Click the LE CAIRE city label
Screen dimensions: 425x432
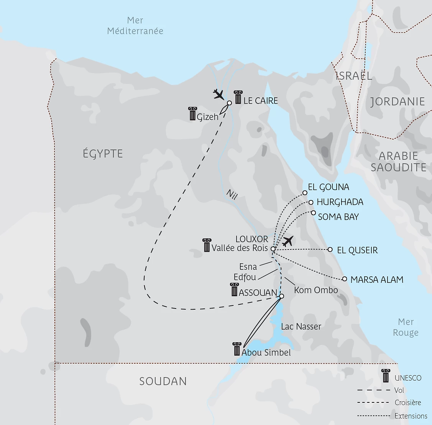tap(261, 101)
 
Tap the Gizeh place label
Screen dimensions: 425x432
tap(207, 117)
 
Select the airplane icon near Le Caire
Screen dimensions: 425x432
tap(218, 94)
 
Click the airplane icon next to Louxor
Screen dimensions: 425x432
tap(287, 241)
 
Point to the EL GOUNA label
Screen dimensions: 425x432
tap(329, 187)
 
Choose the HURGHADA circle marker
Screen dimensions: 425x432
tap(311, 202)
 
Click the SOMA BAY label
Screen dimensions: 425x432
tap(338, 217)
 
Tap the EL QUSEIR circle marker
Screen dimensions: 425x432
tap(330, 249)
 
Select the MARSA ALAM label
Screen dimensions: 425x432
tap(377, 280)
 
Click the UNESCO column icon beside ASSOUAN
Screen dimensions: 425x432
tap(234, 290)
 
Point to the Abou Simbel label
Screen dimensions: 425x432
tap(266, 353)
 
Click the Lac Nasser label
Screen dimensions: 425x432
tap(301, 327)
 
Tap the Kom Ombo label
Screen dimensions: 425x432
tap(316, 290)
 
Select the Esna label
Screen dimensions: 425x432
tap(248, 267)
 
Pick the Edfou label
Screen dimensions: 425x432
tap(245, 277)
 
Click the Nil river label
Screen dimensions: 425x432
tap(232, 195)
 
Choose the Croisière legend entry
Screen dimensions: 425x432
tap(408, 403)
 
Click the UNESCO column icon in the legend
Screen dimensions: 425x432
tap(386, 376)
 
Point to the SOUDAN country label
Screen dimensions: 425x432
tap(163, 381)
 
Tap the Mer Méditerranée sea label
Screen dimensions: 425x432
tap(135, 26)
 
